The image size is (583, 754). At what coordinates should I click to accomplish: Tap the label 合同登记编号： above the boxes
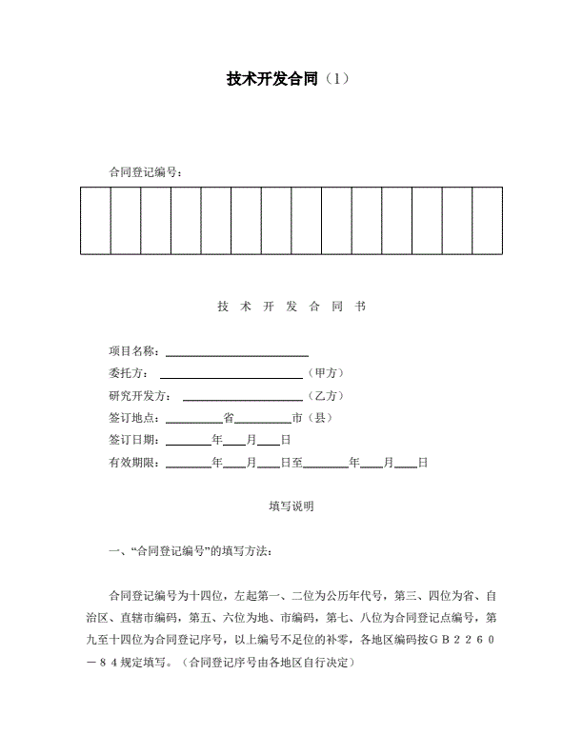(x=146, y=171)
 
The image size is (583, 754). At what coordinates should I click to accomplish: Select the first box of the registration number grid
(x=95, y=221)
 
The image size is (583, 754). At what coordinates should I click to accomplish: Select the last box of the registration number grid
(x=487, y=221)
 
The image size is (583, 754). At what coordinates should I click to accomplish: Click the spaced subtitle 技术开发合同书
(x=291, y=307)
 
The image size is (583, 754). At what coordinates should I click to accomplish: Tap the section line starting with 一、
(x=191, y=551)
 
